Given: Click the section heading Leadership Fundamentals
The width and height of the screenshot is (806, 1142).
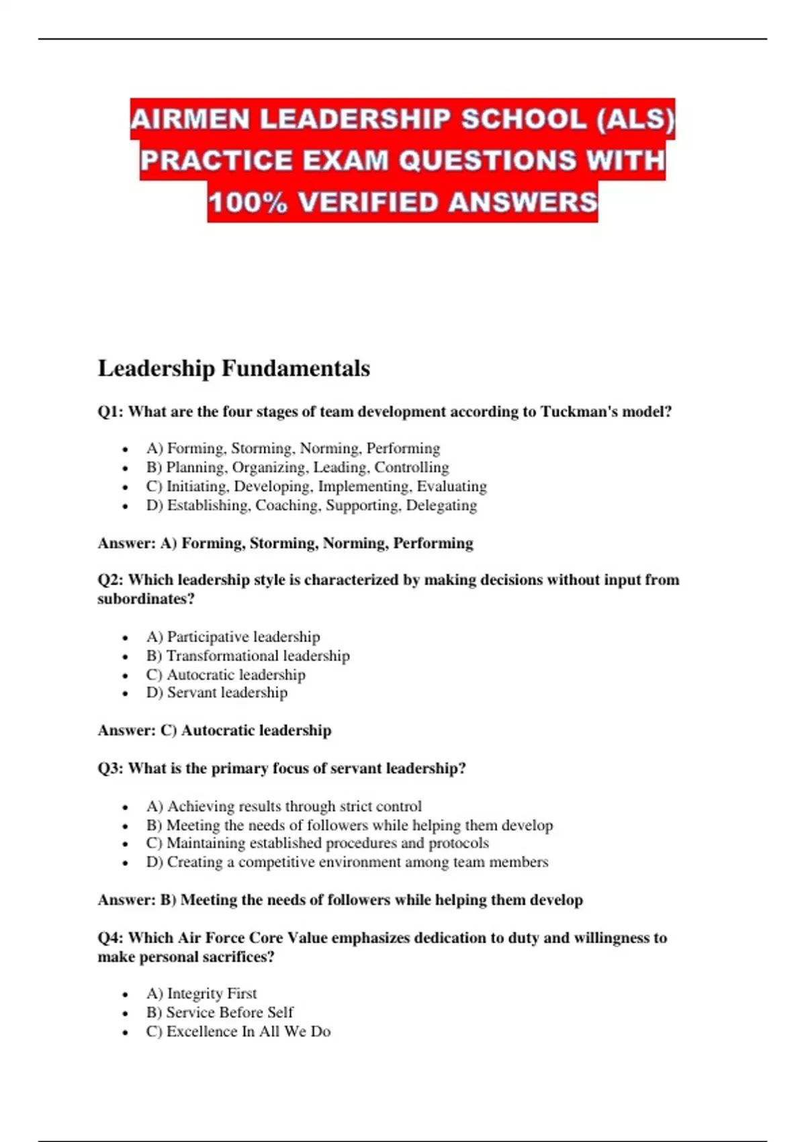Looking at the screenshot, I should [x=234, y=368].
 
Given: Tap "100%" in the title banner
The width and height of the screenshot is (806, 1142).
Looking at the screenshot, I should [x=247, y=202].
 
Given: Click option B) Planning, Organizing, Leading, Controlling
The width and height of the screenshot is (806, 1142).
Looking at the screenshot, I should [x=298, y=467].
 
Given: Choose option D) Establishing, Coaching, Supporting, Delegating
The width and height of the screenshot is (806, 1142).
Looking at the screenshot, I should [x=312, y=505].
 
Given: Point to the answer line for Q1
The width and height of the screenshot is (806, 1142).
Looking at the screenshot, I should [x=285, y=543].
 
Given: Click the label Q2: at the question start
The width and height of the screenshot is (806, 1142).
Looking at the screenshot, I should [x=110, y=580].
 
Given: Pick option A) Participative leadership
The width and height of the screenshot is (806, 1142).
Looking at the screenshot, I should [x=233, y=636].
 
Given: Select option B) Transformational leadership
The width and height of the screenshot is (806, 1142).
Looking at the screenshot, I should [x=248, y=656].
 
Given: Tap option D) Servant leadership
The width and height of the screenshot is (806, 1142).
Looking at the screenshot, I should [x=217, y=693].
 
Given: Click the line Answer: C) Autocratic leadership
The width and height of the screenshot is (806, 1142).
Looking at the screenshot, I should [x=214, y=730].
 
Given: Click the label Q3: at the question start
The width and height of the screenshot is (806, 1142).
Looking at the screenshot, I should [x=110, y=768].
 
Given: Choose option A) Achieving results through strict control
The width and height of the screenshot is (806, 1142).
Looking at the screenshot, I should [x=284, y=806].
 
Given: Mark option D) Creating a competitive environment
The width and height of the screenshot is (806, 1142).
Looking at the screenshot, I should [x=347, y=862].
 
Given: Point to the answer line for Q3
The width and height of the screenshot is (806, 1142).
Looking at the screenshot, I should [x=340, y=900].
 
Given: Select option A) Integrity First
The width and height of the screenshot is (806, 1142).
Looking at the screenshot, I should [x=201, y=994].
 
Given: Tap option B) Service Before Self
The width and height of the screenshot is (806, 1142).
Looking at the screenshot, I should [x=220, y=1012].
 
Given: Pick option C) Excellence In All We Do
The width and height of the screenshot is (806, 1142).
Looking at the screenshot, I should [x=238, y=1032].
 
